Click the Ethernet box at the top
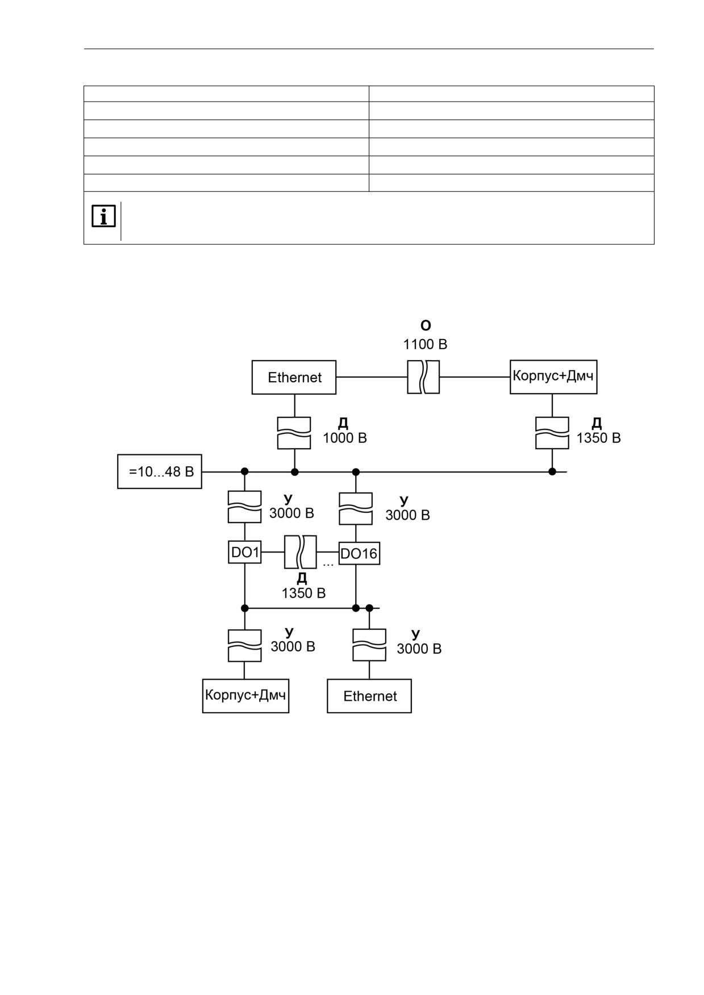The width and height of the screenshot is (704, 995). pos(294,377)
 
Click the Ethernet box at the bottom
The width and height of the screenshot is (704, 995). pos(369,696)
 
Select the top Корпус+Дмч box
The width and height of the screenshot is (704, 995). pos(553,377)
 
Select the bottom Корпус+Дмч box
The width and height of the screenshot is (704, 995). pos(245,696)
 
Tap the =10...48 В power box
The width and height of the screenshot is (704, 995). pos(160,471)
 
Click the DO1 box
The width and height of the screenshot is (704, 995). pos(245,552)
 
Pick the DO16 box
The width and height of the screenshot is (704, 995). pos(359,553)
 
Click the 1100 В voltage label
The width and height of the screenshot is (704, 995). pos(425,344)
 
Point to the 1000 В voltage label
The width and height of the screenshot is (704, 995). pos(345,438)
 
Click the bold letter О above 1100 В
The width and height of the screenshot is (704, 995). pos(426,325)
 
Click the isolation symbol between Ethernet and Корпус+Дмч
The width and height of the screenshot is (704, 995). pos(423,377)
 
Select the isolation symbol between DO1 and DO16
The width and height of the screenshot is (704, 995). pos(301,552)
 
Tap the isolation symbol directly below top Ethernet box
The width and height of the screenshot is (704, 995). pos(294,433)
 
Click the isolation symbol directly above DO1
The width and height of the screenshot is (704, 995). pos(245,507)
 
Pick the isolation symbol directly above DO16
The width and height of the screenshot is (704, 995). pos(356,509)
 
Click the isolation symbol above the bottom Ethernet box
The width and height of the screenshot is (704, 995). pos(369,645)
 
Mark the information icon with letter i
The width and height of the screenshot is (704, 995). pos(103,216)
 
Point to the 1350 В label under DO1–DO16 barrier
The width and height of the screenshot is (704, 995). pos(303,593)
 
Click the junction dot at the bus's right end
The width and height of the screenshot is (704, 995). pos(552,471)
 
